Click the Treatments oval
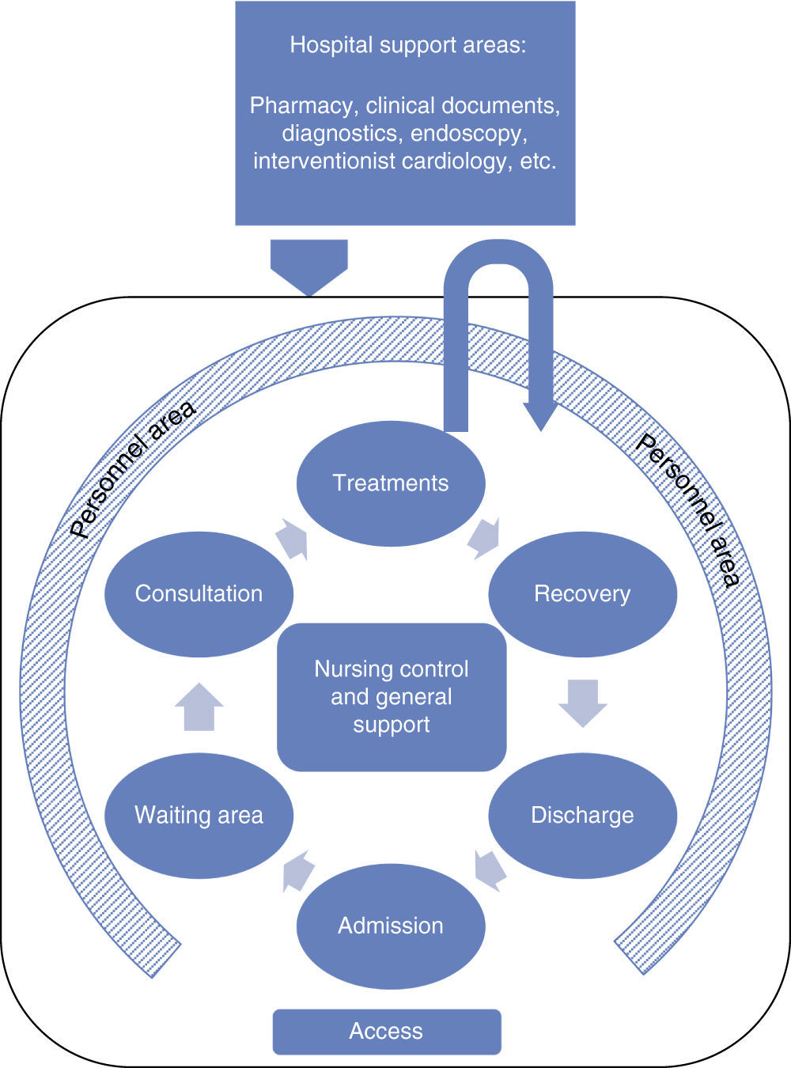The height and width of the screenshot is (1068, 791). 390,483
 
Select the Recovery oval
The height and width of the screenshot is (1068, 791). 582,594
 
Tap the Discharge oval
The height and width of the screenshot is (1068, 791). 582,816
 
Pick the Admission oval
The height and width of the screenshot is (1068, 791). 390,926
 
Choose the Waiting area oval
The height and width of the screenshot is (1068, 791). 199,816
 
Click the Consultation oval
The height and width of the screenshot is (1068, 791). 199,594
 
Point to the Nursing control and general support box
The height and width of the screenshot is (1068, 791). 392,697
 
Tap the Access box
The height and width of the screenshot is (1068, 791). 387,1032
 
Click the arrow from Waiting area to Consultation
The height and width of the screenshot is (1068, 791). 199,706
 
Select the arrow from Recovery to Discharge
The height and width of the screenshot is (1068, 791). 582,703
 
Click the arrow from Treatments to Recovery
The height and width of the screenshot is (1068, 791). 483,538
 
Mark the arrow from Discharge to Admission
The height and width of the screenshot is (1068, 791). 490,869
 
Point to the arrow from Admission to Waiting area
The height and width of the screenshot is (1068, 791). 298,871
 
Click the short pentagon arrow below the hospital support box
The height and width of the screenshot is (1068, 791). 309,266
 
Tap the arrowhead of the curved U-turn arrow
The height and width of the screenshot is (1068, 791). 541,415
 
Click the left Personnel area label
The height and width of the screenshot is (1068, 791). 132,470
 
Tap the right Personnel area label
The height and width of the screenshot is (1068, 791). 687,510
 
